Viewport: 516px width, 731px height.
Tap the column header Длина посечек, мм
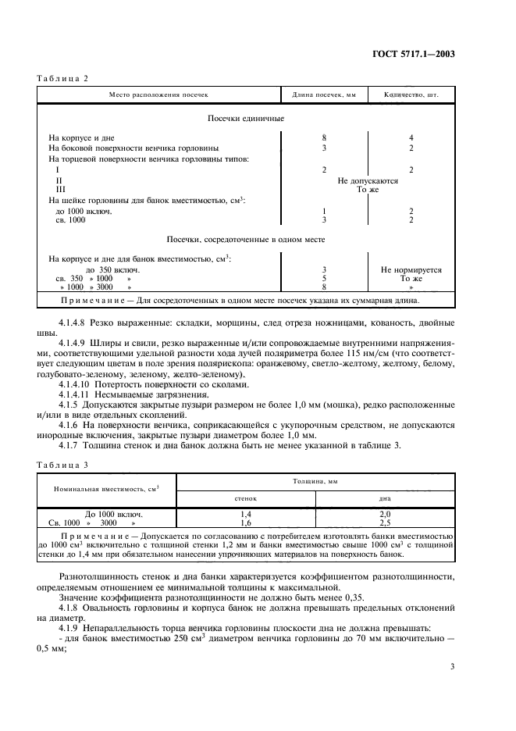coord(323,95)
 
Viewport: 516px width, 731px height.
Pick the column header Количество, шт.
coord(411,95)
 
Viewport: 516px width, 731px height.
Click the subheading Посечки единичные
coord(245,119)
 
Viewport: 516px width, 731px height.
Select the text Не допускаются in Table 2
coord(367,180)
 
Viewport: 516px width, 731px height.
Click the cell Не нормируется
coord(411,269)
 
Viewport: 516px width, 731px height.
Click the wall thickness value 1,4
coord(246,514)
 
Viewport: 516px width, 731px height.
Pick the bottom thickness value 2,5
coord(384,522)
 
